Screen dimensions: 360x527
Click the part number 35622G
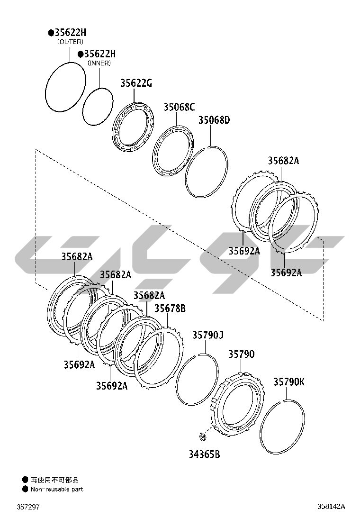click(136, 83)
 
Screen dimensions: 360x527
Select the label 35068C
click(179, 107)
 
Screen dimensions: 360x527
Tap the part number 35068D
click(214, 120)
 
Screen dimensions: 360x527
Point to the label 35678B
click(170, 308)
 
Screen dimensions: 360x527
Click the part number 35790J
click(208, 335)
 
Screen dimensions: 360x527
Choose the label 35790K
click(289, 382)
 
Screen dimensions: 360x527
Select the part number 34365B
click(204, 454)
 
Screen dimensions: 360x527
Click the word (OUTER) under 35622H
click(70, 42)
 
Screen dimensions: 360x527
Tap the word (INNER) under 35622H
click(99, 63)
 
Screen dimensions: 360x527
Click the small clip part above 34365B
click(203, 436)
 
